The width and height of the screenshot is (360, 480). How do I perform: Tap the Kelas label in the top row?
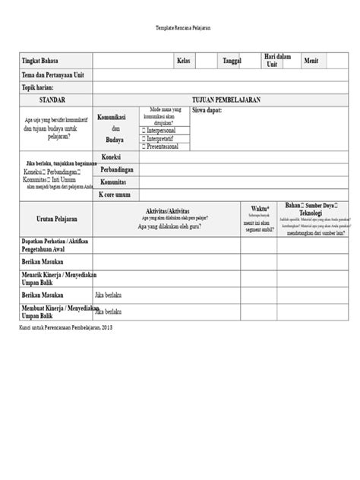click(183, 60)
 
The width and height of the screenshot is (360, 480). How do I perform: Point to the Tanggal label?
click(231, 60)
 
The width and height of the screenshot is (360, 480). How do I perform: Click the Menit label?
click(311, 60)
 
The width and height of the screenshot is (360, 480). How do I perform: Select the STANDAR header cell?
click(54, 99)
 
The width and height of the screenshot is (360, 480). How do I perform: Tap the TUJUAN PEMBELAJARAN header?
click(223, 99)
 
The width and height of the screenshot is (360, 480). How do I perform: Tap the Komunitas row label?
click(113, 182)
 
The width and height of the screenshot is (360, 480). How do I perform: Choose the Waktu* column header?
click(259, 207)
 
